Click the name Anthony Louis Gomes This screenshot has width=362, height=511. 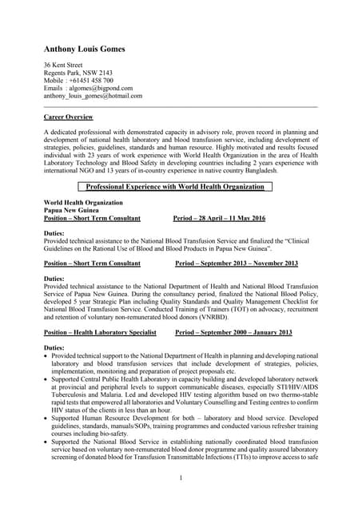(84, 49)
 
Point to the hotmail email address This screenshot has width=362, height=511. (93, 96)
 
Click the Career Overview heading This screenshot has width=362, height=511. (68, 117)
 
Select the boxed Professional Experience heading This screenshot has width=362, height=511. (174, 187)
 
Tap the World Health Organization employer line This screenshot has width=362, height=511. (83, 203)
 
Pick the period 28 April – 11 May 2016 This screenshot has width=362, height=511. (219, 218)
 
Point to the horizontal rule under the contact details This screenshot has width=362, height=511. (181, 106)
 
